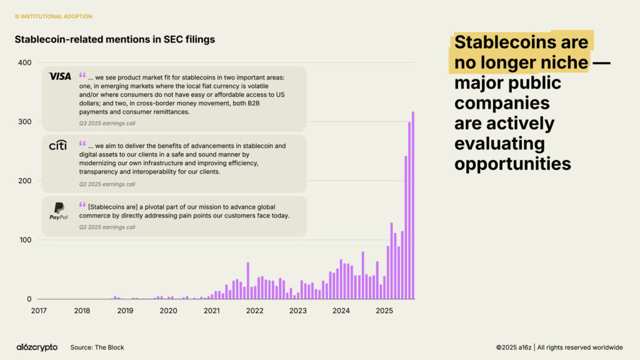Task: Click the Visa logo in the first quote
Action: tap(60, 76)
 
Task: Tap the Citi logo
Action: tap(57, 146)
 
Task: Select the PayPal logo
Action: tap(59, 211)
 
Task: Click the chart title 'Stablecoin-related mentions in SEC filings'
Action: tap(114, 39)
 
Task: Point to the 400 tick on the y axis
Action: tap(24, 62)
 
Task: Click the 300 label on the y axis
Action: tap(24, 121)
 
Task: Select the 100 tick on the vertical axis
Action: tap(24, 240)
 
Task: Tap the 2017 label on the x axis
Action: tap(39, 310)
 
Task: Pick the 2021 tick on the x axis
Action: tap(212, 310)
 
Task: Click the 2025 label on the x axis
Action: tap(384, 310)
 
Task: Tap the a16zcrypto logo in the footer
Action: tap(37, 347)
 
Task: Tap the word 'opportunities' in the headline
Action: tap(512, 164)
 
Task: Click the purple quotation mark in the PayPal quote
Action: tap(82, 205)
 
